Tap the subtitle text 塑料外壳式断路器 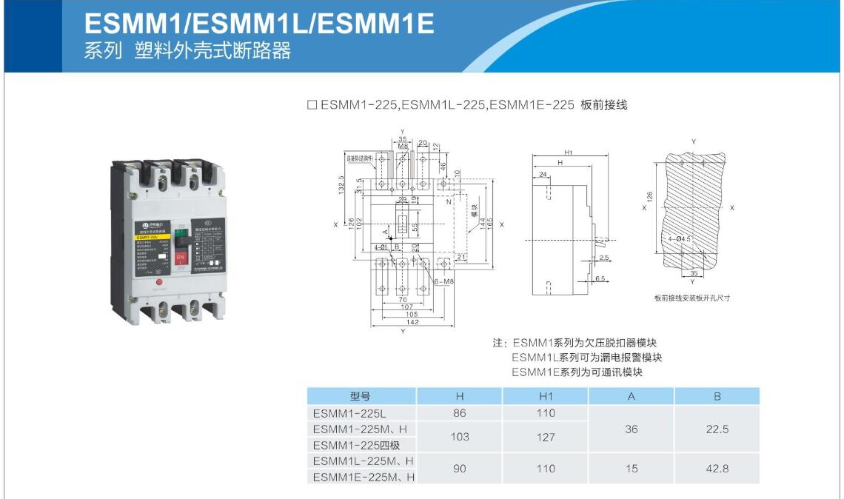212,51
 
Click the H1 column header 545,396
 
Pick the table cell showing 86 459,413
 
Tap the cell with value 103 459,437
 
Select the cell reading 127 545,437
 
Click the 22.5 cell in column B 717,429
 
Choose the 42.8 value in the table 717,469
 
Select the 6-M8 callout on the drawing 443,283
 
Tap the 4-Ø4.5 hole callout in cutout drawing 679,238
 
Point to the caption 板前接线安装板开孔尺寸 692,298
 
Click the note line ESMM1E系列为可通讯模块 577,372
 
